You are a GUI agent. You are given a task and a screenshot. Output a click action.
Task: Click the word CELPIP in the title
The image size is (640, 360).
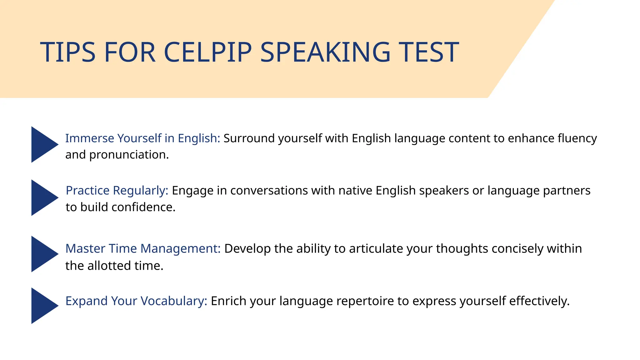coord(207,52)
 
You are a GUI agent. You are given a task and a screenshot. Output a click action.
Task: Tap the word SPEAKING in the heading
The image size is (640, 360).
coord(325,52)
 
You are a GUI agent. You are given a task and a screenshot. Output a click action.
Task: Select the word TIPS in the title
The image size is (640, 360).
coord(67,52)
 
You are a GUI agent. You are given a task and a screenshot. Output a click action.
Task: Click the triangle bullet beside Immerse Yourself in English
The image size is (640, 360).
coord(43,144)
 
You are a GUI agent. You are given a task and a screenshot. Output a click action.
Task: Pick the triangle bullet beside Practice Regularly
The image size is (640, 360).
coord(43,197)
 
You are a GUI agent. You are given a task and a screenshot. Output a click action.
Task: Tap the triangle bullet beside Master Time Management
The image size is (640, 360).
coord(43,254)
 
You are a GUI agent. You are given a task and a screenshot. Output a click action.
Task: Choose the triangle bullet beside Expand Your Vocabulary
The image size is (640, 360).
coord(43,306)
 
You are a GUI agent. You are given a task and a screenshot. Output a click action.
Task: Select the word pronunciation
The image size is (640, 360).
coord(129,155)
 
